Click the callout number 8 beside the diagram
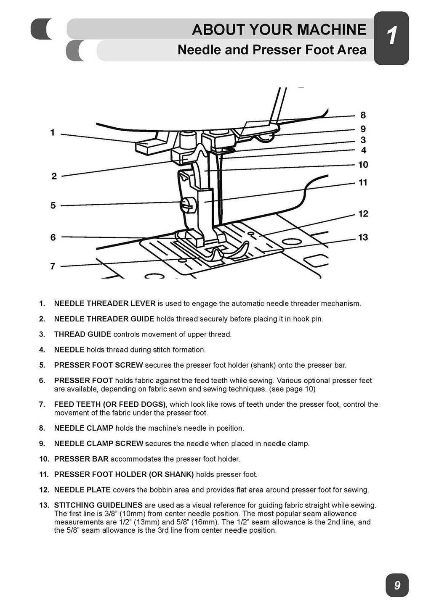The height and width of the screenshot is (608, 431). tap(363, 115)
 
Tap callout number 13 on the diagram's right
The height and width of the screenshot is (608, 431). tap(363, 237)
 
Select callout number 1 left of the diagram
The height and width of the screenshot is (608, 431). tap(53, 133)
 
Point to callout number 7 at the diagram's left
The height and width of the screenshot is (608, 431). tap(53, 266)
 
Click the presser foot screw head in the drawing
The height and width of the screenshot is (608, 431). tap(186, 205)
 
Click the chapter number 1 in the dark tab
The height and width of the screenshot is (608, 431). tap(391, 37)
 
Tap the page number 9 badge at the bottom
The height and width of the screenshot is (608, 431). tap(397, 585)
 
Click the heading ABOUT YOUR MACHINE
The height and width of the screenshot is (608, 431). tap(279, 30)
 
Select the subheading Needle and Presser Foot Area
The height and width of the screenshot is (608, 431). tap(272, 50)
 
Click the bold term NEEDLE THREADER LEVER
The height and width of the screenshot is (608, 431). tap(105, 303)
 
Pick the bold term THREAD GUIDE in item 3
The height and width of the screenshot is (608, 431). tap(82, 334)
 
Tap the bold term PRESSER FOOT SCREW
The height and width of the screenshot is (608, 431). tap(98, 365)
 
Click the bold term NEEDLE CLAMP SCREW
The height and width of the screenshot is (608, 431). tap(98, 444)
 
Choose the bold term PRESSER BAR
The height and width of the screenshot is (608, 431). tap(82, 459)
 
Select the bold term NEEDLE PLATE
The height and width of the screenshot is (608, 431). tap(82, 490)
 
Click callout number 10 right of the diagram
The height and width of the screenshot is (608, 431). tap(363, 165)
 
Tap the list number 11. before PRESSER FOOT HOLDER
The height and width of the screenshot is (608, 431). tap(44, 474)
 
